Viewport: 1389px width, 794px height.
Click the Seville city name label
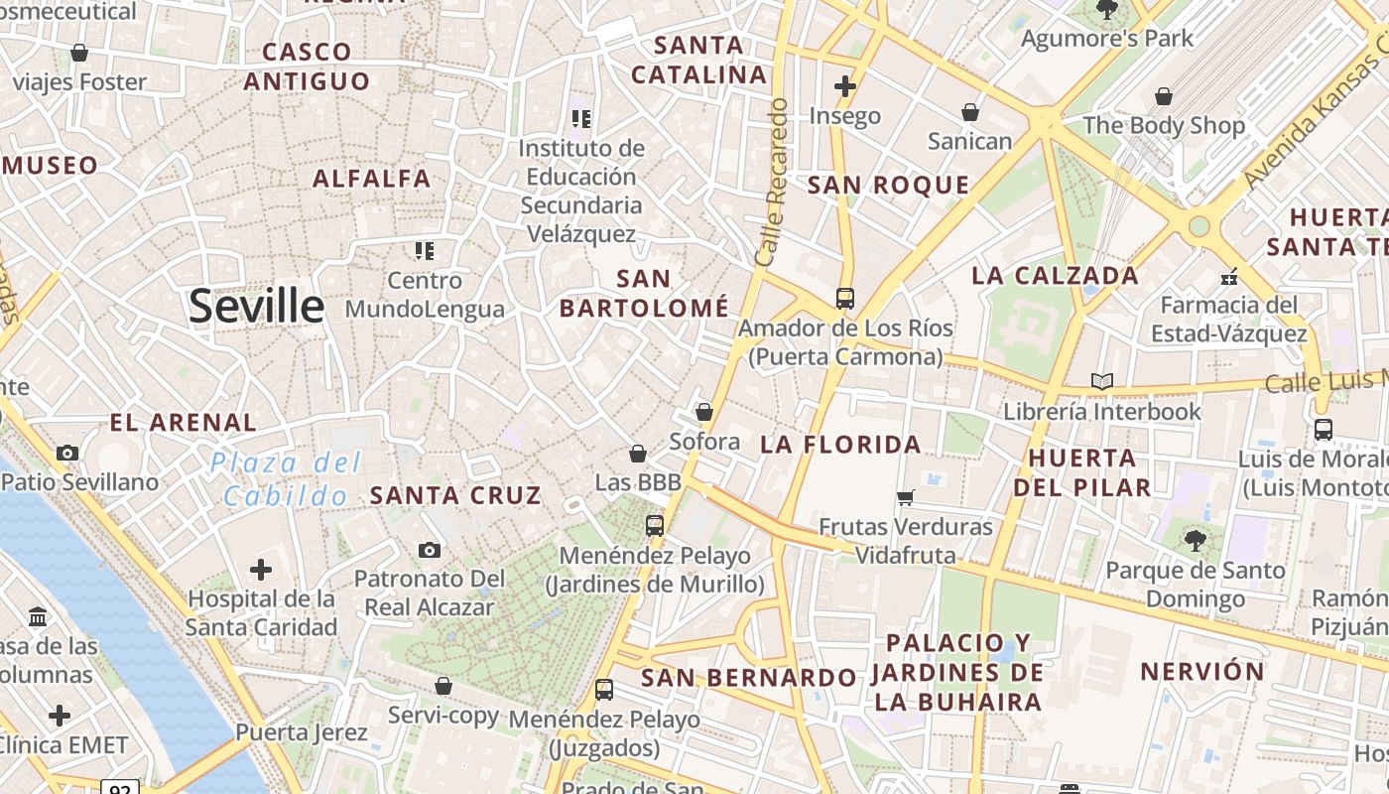256,306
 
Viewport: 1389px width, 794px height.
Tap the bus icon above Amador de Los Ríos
844,298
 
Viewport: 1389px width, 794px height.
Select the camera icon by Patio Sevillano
67,454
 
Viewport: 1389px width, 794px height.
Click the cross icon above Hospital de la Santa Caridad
260,570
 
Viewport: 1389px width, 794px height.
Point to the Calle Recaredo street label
772,182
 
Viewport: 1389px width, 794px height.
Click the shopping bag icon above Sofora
704,411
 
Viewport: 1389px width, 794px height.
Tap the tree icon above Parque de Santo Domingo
1195,541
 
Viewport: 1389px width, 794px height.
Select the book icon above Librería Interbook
1101,381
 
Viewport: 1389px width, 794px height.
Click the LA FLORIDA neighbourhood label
840,445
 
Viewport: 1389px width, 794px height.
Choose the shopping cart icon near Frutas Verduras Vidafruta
905,497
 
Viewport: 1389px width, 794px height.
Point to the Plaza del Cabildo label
286,478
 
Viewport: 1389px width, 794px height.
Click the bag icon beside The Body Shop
1163,96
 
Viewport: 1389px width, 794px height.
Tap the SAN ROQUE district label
888,185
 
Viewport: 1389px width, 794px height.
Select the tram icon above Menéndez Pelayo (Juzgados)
603,689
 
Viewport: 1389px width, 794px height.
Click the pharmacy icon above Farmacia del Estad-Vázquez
1229,276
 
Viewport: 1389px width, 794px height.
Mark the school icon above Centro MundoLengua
425,251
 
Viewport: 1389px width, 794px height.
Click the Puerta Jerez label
301,733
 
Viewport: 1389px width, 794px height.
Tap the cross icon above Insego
844,87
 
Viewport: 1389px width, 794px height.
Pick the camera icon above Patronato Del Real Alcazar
429,550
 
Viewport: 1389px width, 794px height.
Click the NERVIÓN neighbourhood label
1202,672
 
